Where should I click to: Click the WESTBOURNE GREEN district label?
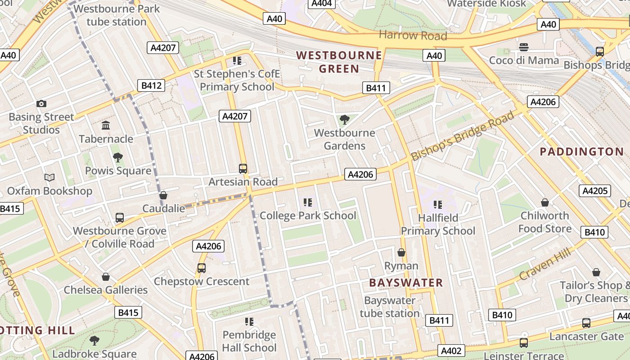[339, 62]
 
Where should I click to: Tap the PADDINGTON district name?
[581, 152]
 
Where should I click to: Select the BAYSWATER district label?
[406, 283]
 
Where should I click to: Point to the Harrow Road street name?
[413, 35]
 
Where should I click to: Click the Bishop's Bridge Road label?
[462, 136]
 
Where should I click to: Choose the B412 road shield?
[151, 85]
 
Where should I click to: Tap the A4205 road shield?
[594, 191]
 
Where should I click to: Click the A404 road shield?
[321, 4]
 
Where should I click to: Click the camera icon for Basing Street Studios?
[41, 104]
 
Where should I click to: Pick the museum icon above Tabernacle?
[106, 125]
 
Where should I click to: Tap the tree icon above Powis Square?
[118, 157]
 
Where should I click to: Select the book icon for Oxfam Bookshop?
[49, 178]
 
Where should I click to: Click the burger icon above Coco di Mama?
[523, 47]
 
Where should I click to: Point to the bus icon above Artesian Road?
[243, 169]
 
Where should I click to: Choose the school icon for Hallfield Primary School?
[437, 205]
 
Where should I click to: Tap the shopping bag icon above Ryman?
[401, 252]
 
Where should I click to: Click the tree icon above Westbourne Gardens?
[345, 120]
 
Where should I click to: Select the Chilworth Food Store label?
[544, 222]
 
